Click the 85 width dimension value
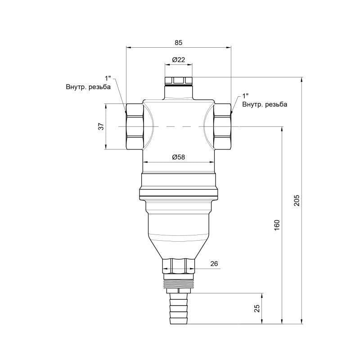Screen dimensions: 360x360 [x=179, y=42]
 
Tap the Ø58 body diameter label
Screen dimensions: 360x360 [x=179, y=157]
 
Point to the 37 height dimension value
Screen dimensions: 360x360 [x=101, y=126]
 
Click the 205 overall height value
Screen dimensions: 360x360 [x=296, y=201]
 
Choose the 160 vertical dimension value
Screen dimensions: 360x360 [x=277, y=225]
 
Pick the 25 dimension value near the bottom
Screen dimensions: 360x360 [x=256, y=308]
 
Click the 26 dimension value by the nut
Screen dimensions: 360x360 [x=214, y=264]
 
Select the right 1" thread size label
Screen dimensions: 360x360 [x=246, y=96]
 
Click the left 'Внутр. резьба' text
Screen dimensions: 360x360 [x=88, y=87]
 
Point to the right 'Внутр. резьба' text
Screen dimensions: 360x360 [x=265, y=104]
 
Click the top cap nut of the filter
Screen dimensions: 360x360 [x=179, y=81]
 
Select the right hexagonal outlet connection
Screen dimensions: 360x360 [x=222, y=126]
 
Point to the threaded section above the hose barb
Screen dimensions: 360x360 [x=179, y=285]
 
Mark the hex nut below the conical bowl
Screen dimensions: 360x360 [x=179, y=265]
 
